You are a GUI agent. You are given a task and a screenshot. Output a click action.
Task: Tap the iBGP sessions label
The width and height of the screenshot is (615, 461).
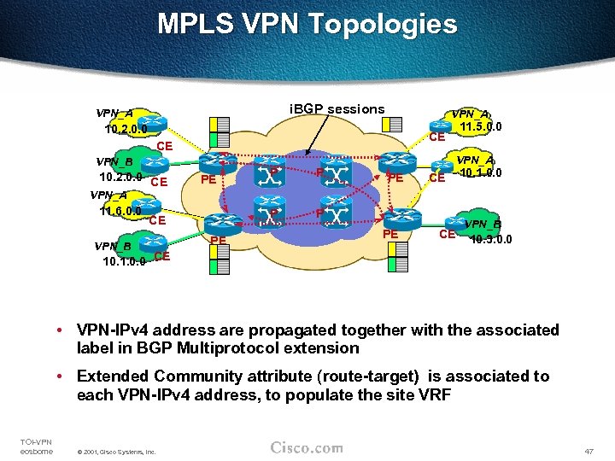pyautogui.click(x=337, y=109)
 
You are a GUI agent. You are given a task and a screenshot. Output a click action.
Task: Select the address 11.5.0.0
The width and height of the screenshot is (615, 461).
pyautogui.click(x=480, y=128)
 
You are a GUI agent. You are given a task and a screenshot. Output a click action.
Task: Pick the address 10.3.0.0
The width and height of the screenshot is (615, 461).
pyautogui.click(x=490, y=240)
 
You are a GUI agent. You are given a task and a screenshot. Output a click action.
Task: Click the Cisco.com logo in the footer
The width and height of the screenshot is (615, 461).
pyautogui.click(x=307, y=448)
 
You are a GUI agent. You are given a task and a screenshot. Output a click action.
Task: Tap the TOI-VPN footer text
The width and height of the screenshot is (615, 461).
pyautogui.click(x=35, y=441)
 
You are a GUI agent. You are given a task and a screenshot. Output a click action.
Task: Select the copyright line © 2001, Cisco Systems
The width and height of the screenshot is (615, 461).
pyautogui.click(x=116, y=452)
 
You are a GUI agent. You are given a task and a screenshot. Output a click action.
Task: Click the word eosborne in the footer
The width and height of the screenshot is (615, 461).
pyautogui.click(x=37, y=451)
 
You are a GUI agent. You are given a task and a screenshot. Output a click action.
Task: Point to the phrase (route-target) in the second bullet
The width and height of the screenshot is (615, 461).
pyautogui.click(x=362, y=376)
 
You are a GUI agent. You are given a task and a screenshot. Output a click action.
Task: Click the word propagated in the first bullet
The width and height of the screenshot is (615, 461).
pyautogui.click(x=287, y=330)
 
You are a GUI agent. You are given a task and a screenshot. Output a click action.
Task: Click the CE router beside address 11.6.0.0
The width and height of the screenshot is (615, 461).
pyautogui.click(x=155, y=220)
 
